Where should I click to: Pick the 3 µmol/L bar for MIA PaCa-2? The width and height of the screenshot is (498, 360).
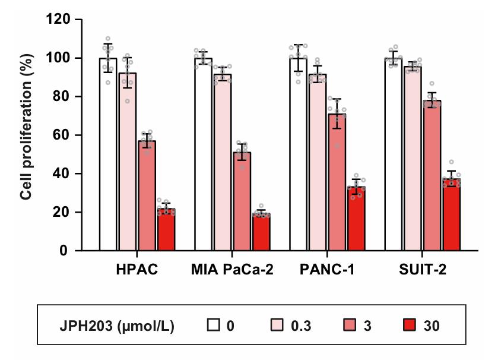(x=242, y=201)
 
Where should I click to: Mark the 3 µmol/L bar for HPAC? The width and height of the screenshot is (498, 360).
(x=147, y=195)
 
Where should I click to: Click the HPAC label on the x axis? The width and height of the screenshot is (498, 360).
(x=137, y=270)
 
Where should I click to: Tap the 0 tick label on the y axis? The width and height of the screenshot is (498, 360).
(x=64, y=251)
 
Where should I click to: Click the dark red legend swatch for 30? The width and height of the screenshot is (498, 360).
(x=410, y=326)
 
